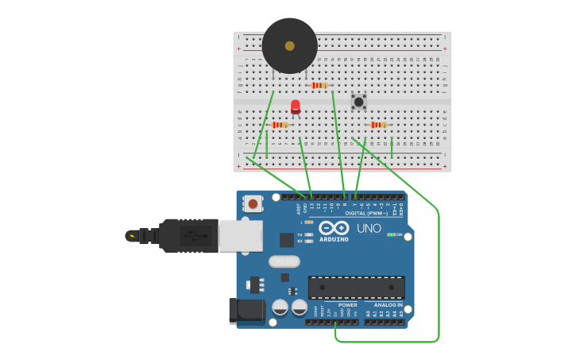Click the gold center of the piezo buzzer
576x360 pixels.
tap(290, 46)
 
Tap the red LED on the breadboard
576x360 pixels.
tap(296, 106)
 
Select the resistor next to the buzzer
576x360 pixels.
tap(319, 85)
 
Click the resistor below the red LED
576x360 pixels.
tap(280, 125)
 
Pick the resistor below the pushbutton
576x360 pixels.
tap(378, 125)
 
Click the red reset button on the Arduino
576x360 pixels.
tap(253, 203)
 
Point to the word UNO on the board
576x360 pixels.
tap(369, 228)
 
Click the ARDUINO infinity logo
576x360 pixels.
tap(334, 229)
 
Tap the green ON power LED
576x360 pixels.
tap(389, 234)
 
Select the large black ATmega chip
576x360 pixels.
tap(356, 287)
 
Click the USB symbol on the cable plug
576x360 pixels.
tap(191, 236)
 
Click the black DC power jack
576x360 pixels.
tap(246, 311)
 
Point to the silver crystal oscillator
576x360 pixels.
tap(284, 261)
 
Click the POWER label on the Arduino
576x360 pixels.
tap(347, 304)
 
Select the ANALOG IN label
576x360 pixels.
tap(388, 304)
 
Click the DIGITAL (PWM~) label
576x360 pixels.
tap(366, 213)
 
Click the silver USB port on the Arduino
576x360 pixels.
tap(240, 236)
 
